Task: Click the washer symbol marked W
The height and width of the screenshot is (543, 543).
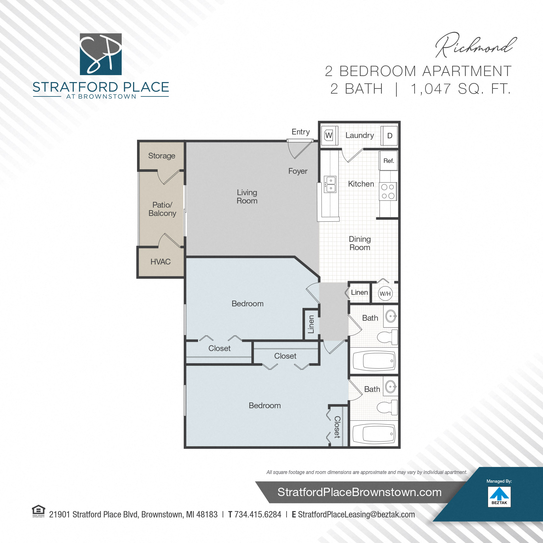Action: [329, 135]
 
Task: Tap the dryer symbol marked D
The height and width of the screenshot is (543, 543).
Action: [389, 136]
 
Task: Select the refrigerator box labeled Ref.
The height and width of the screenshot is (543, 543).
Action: [388, 161]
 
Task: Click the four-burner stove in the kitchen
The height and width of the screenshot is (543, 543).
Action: [388, 191]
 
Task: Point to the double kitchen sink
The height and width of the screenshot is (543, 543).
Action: [330, 184]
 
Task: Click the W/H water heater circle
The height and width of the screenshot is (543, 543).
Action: [385, 294]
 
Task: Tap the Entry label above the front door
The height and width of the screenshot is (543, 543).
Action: [301, 132]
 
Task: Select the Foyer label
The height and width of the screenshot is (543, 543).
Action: [298, 171]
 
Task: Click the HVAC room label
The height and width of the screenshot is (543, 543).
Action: [160, 262]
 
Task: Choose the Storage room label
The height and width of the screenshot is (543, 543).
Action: [162, 156]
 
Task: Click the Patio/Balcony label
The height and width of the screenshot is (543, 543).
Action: [162, 209]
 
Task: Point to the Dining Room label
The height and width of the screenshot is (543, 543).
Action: [360, 243]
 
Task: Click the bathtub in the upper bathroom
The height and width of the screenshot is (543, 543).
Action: [374, 361]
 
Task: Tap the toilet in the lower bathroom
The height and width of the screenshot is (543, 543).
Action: [387, 408]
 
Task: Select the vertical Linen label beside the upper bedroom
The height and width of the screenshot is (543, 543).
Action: [311, 324]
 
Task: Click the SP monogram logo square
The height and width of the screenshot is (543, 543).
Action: [101, 54]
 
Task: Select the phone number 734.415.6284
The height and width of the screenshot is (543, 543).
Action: [258, 515]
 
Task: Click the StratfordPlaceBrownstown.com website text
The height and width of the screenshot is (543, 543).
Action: [359, 492]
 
